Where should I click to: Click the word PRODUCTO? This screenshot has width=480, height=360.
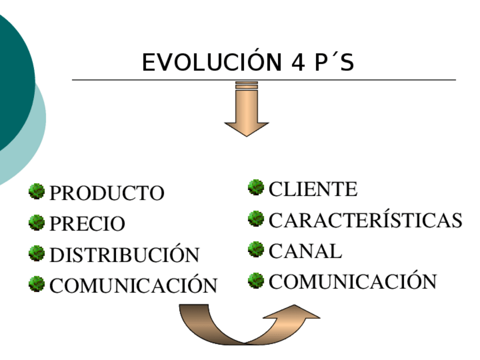coord(107,194)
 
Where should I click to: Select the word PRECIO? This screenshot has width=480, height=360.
coord(87,224)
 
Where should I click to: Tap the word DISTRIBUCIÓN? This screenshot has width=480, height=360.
coord(125,255)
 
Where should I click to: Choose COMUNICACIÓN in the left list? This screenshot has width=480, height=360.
coord(134,285)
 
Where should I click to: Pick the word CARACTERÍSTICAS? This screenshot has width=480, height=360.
coord(365,220)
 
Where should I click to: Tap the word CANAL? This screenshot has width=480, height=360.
coord(305,251)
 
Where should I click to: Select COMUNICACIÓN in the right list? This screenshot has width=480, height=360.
coord(353,281)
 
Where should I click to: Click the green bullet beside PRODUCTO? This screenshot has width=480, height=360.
coord(37,191)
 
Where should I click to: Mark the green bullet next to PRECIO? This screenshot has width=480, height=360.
coord(37,222)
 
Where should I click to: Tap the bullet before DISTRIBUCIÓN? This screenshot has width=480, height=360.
coord(37,252)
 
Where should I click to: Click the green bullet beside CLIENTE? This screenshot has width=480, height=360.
coord(256,187)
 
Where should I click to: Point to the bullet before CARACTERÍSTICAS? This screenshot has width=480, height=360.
coord(256,218)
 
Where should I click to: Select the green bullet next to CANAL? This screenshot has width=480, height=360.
coord(256,248)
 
